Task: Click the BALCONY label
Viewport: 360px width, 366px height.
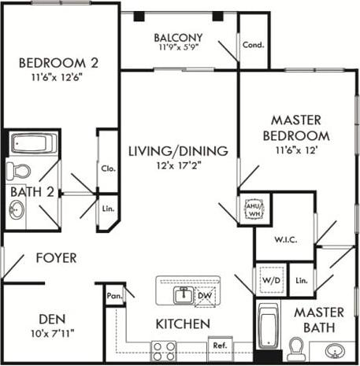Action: (x=178, y=38)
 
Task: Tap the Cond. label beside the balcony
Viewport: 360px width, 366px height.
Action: (x=253, y=45)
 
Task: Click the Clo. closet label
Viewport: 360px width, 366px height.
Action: (x=107, y=168)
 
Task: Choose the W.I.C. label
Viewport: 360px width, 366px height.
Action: (x=284, y=239)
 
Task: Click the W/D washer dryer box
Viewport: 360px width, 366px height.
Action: (x=270, y=279)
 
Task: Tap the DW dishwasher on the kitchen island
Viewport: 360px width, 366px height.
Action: (x=203, y=295)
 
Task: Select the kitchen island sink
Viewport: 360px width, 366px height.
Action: (x=183, y=294)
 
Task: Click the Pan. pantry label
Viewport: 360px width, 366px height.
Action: (x=113, y=296)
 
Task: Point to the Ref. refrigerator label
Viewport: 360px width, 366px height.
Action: (x=218, y=345)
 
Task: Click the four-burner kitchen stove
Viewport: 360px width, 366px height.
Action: (x=164, y=349)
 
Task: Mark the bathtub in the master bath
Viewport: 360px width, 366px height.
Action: (x=269, y=325)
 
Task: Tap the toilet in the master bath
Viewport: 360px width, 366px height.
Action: (x=297, y=346)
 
